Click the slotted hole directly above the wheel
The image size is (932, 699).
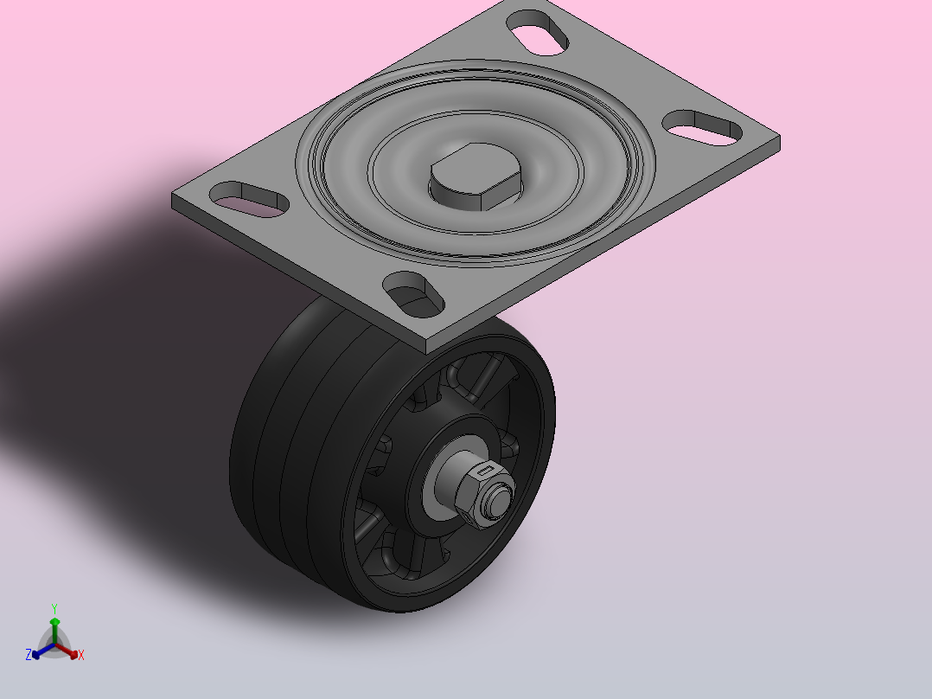pyautogui.click(x=413, y=294)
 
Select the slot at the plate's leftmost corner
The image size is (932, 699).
pyautogui.click(x=249, y=199)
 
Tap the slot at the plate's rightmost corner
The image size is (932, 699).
pyautogui.click(x=702, y=127)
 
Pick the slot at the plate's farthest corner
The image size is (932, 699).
pyautogui.click(x=537, y=33)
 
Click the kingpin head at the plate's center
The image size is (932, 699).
pyautogui.click(x=476, y=176)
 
